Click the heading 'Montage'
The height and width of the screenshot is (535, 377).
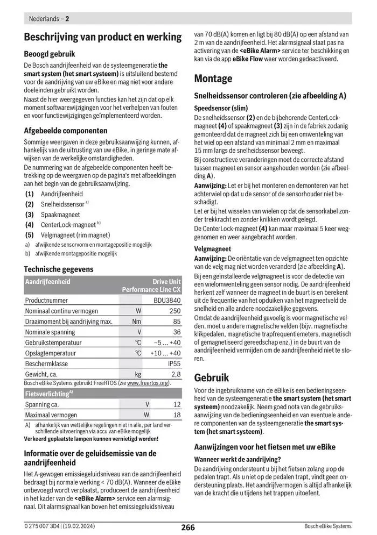tap(213, 79)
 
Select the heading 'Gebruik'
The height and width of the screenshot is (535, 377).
tap(212, 377)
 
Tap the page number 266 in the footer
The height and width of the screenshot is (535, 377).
tap(188, 527)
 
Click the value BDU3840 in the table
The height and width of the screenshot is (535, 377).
tap(167, 300)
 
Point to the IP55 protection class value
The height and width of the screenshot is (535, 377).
tap(174, 363)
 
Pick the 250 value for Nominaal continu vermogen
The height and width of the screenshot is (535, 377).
tap(175, 311)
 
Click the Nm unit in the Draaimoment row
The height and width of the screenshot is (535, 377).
tap(137, 322)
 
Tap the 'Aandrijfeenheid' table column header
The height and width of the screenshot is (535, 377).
tap(48, 281)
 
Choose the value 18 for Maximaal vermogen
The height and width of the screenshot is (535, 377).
tap(177, 415)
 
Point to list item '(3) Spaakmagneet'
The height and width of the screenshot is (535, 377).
tap(52, 215)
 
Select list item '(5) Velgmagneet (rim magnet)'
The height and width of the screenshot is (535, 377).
tap(67, 235)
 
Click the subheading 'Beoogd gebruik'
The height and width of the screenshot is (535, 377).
tap(50, 54)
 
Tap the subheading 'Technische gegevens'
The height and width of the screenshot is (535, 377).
tap(59, 269)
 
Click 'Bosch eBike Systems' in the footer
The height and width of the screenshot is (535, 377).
tap(327, 526)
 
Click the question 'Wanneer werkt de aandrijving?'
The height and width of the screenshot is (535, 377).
tap(237, 459)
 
